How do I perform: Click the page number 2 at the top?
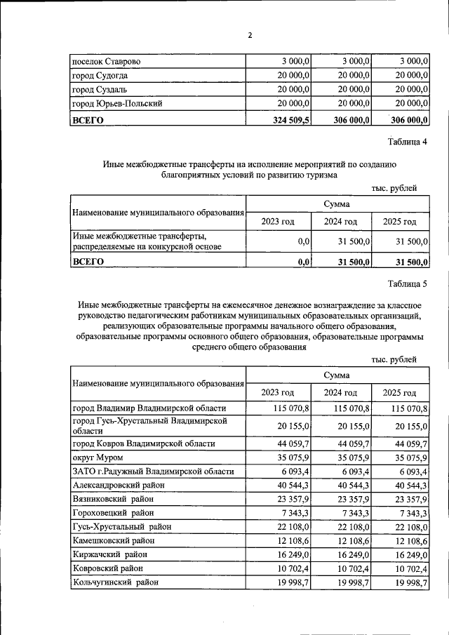(x=249, y=36)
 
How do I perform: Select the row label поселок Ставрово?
(x=107, y=62)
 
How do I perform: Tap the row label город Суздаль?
(x=100, y=90)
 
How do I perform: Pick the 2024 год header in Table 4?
(x=340, y=222)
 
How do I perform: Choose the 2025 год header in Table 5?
(x=399, y=392)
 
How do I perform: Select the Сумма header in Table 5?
(x=337, y=376)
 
